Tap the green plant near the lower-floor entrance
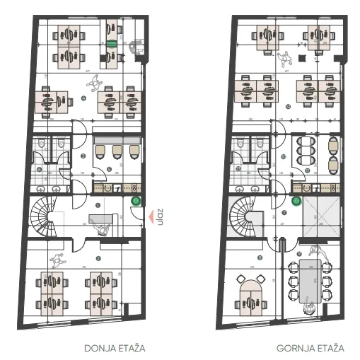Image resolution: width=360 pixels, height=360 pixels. (136, 202)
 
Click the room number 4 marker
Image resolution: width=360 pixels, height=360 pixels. (83, 98)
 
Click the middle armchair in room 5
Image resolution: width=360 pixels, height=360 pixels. (117, 151)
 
